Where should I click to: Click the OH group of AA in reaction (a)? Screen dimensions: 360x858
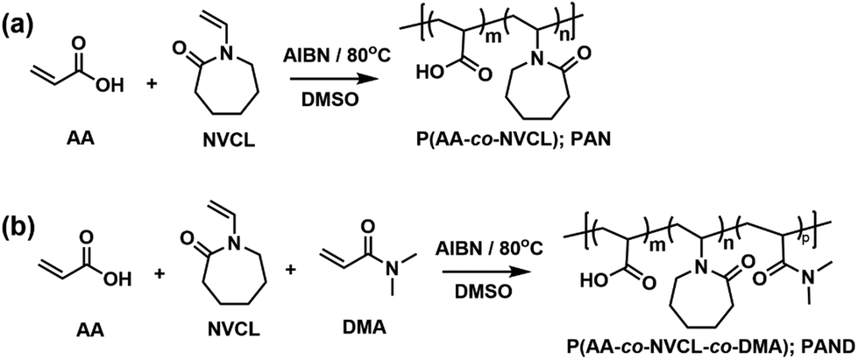coord(113,85)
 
